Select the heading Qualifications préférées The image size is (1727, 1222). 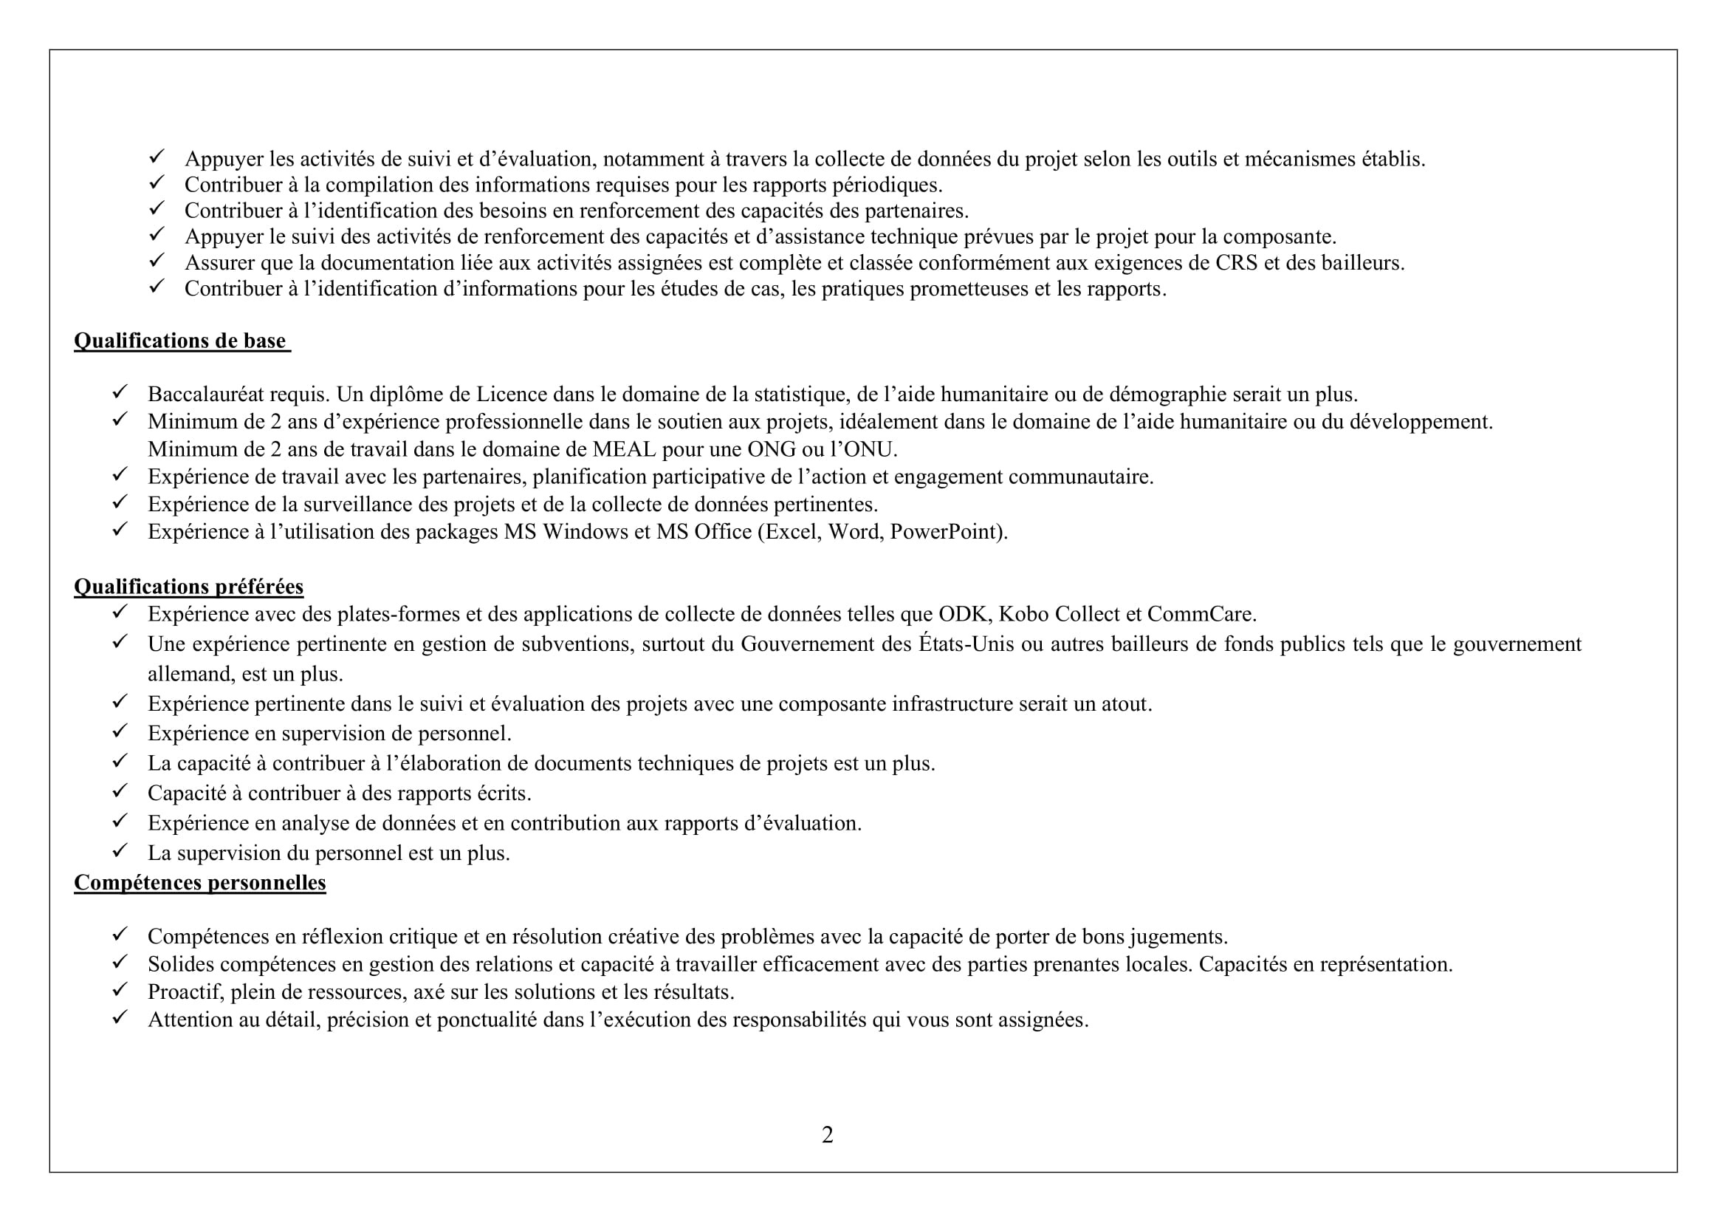coord(188,586)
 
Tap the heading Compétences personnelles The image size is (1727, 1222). coord(199,882)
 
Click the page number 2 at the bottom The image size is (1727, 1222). coord(828,1135)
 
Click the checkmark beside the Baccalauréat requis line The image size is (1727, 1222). coord(120,393)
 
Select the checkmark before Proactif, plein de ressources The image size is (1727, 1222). coord(120,990)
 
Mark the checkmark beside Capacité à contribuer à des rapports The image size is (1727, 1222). coord(120,791)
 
